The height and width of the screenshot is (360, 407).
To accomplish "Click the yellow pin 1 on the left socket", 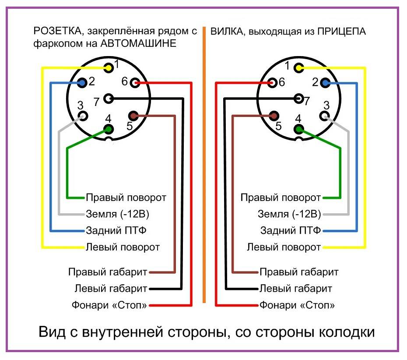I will pos(108,67).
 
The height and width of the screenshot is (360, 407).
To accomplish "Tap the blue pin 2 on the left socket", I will pos(82,82).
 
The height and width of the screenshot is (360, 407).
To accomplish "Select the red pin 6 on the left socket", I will pos(135,82).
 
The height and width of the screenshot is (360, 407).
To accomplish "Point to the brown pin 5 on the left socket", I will pos(133,116).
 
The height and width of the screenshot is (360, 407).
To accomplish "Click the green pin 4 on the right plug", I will pos(299,129).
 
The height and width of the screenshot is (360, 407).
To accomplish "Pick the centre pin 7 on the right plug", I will pos(299,99).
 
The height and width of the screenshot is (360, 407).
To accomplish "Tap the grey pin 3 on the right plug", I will pos(324,116).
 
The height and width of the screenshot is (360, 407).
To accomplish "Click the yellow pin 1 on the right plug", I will pos(299,67).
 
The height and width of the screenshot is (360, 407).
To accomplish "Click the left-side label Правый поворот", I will pos(126,198).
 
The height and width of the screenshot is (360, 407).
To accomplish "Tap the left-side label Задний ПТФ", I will pos(116,230).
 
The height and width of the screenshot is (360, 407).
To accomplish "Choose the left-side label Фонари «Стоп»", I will pos(109,305).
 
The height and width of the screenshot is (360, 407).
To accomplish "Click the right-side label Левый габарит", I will pos(296,289).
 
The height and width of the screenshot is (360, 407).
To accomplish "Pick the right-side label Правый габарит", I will pos(299,272).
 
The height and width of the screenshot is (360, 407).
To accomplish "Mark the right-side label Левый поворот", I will pos(284,247).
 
